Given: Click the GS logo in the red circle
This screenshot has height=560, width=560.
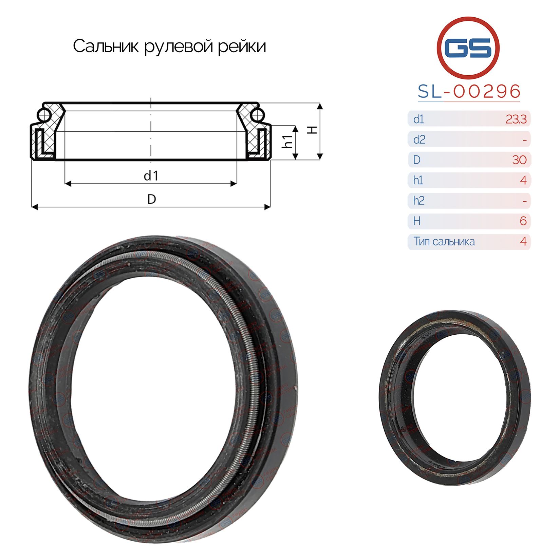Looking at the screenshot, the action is pyautogui.click(x=468, y=47).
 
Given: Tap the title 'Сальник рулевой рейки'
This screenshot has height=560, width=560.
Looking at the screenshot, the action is pyautogui.click(x=169, y=46).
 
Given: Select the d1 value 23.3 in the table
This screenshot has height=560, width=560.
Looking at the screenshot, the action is pyautogui.click(x=516, y=119).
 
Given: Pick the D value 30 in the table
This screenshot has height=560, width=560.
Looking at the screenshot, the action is pyautogui.click(x=519, y=160).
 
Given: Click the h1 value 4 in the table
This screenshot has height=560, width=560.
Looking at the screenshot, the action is pyautogui.click(x=523, y=180).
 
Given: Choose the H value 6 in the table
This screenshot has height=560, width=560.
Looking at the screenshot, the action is pyautogui.click(x=523, y=221).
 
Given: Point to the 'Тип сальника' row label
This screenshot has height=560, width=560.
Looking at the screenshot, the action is pyautogui.click(x=444, y=241).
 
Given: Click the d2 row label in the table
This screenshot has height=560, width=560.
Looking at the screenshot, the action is pyautogui.click(x=419, y=139).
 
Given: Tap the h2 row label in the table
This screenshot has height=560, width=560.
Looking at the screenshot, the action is pyautogui.click(x=419, y=201).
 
